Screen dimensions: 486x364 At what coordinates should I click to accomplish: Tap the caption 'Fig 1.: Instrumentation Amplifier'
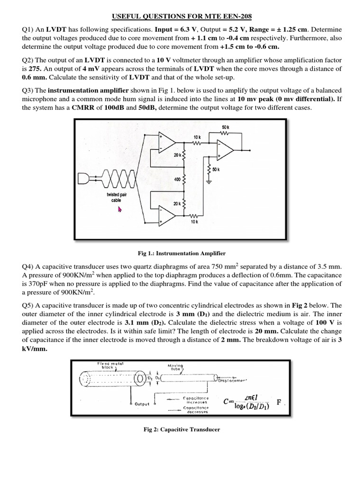coord(182,253)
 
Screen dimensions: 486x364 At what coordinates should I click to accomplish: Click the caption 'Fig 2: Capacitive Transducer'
coord(182,430)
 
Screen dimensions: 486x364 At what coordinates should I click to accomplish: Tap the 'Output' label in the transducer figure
coord(142,404)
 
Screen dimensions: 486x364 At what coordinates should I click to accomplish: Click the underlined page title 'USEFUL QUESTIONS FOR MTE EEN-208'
coord(182,17)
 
